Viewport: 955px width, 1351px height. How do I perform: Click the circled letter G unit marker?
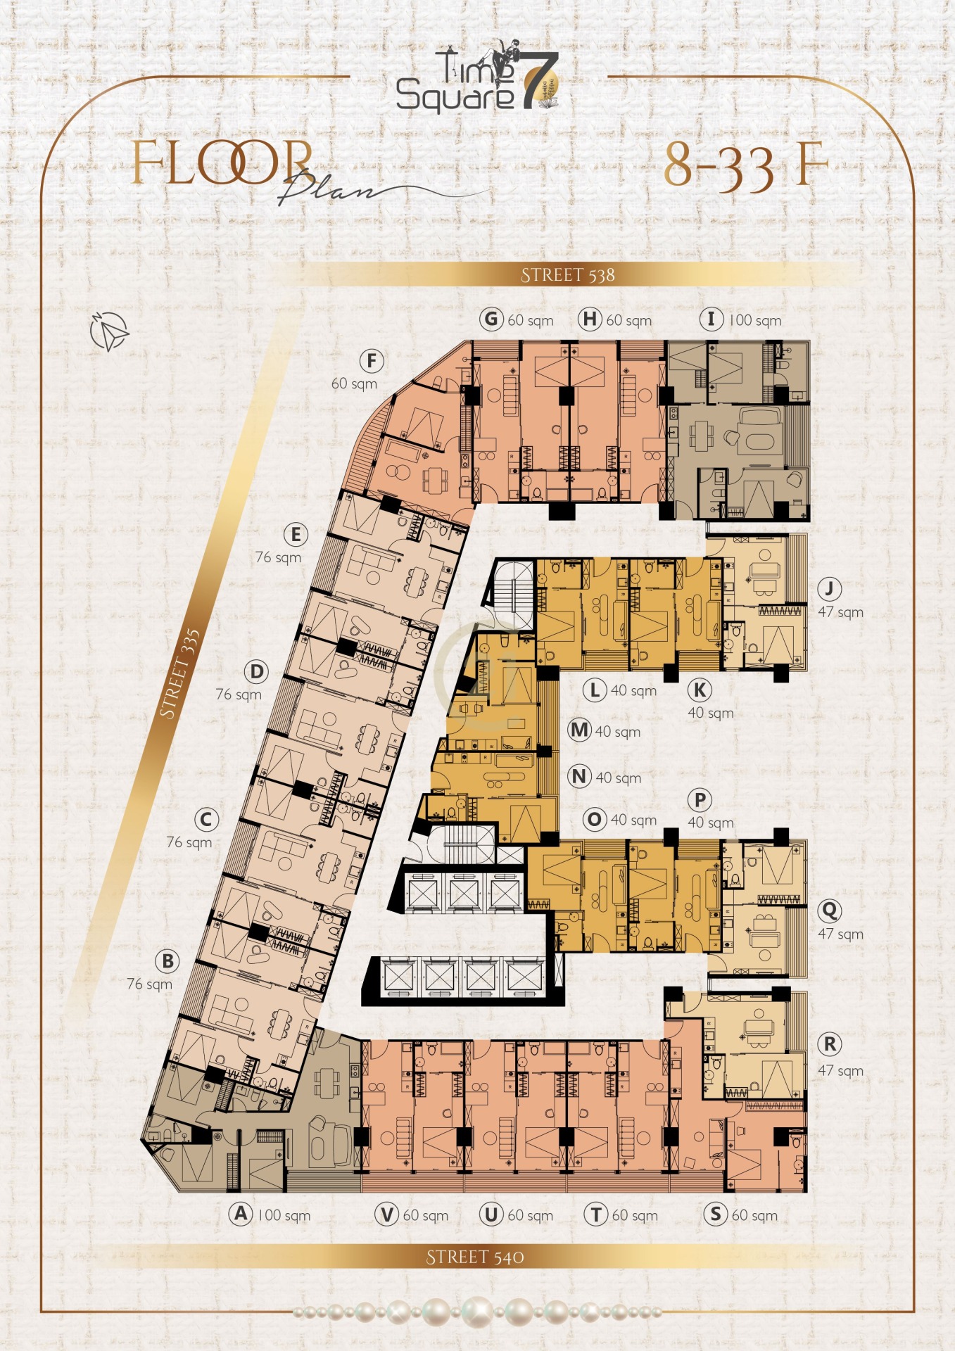(x=492, y=319)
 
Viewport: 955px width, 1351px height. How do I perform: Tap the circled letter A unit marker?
(x=241, y=1214)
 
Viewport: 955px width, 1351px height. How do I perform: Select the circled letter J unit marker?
(x=830, y=589)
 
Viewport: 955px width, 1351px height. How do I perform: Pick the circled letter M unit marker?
(x=579, y=730)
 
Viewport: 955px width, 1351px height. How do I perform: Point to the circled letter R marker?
(x=830, y=1044)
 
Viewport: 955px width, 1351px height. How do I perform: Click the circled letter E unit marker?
(x=296, y=535)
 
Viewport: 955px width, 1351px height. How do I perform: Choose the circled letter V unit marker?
(x=387, y=1214)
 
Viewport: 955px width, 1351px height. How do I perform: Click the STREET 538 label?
(x=568, y=275)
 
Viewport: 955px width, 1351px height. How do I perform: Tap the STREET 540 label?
(x=475, y=1257)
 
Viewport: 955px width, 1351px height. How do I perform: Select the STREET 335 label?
(x=179, y=674)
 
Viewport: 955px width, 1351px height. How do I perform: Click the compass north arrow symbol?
(x=110, y=331)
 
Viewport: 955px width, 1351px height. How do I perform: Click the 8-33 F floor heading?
(x=747, y=166)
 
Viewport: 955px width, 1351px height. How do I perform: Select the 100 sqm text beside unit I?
(x=755, y=321)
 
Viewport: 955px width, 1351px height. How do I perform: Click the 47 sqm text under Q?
(x=840, y=934)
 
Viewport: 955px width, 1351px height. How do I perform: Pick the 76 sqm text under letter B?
(x=149, y=984)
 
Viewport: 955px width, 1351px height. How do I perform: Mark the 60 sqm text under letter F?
(x=354, y=384)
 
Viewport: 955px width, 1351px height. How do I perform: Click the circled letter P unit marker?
(x=700, y=800)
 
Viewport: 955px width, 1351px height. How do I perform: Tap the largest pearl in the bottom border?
(x=477, y=1312)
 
